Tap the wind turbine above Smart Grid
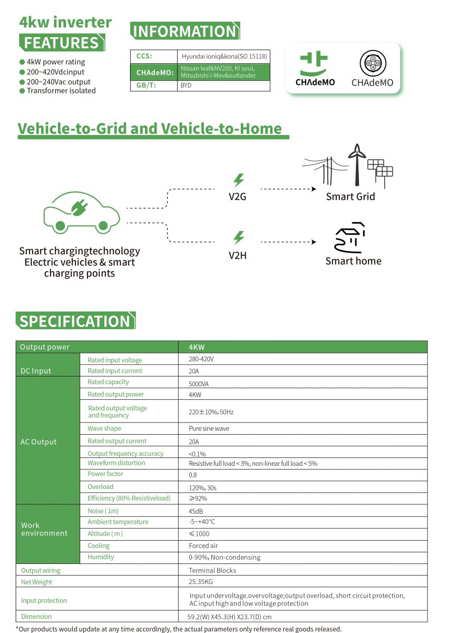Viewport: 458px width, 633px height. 357,164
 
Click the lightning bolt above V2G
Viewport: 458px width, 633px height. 239,179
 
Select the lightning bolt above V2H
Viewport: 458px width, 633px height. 239,237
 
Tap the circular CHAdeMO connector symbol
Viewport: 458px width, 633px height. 372,64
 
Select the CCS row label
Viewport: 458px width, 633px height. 144,56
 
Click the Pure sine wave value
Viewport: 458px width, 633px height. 209,429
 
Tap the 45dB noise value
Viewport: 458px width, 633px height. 196,511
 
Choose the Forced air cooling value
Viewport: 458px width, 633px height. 203,546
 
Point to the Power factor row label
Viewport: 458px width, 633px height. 105,474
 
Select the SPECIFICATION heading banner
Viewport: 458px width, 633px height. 75,321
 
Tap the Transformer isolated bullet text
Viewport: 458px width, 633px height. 61,91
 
